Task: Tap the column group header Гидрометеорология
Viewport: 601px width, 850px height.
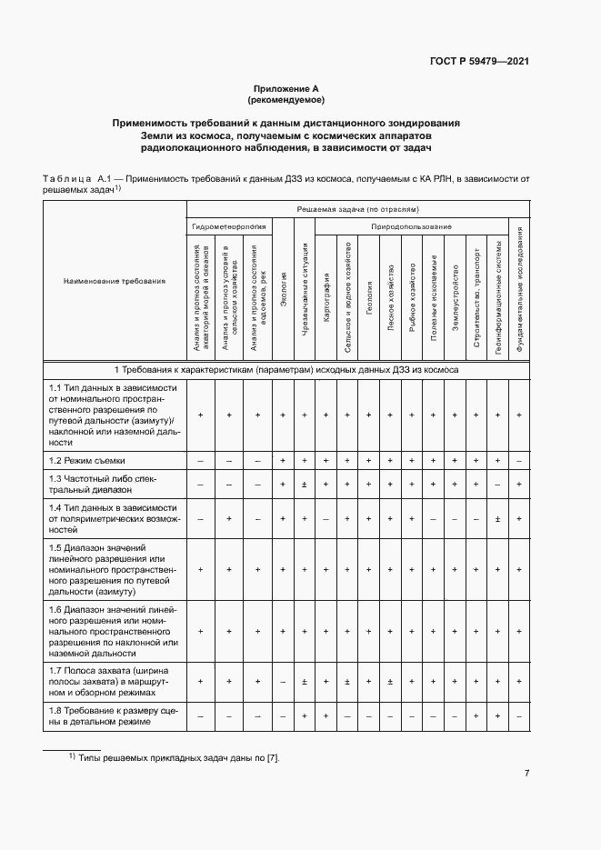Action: point(228,225)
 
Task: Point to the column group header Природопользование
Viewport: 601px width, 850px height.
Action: point(411,225)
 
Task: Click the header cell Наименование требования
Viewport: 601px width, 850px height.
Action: point(115,281)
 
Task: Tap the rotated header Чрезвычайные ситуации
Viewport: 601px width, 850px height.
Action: point(305,290)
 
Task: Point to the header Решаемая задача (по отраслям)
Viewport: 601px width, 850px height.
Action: point(358,209)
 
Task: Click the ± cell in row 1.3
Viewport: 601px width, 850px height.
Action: point(305,485)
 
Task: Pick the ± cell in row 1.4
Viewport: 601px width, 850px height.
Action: point(497,519)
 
